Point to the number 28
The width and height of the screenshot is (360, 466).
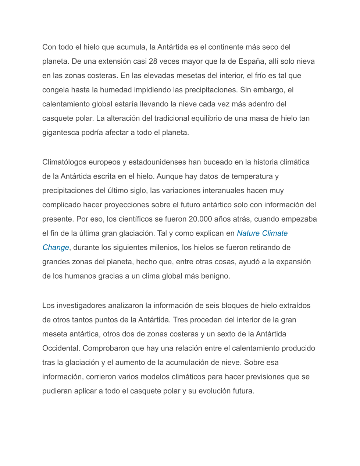153,61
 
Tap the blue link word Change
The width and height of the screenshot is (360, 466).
56,248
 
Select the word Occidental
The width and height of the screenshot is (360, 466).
61,348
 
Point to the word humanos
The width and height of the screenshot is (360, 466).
79,276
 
